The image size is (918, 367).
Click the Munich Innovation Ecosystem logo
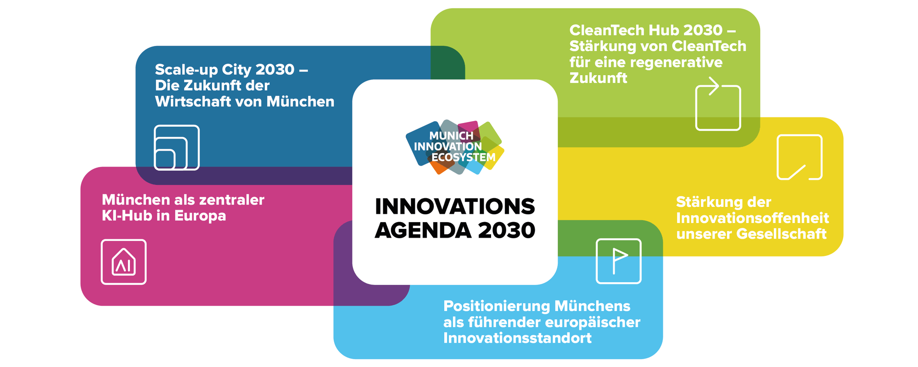pos(455,147)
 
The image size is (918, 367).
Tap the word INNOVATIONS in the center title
pos(455,206)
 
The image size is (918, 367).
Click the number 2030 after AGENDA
pos(506,230)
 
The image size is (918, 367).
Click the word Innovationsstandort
pos(517,338)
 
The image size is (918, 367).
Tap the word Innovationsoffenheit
pos(753,218)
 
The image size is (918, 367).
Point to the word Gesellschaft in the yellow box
pos(782,234)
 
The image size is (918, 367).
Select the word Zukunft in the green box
pos(598,78)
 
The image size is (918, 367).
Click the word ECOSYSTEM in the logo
pos(463,157)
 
